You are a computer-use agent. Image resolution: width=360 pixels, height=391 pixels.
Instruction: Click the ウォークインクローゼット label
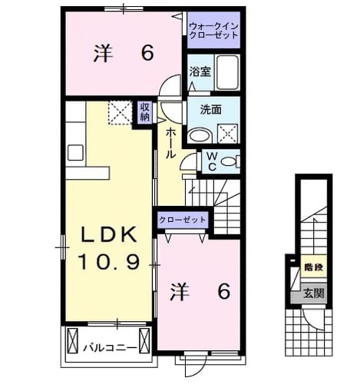click(x=214, y=31)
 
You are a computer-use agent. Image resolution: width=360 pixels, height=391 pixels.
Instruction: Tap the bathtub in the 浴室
click(x=227, y=72)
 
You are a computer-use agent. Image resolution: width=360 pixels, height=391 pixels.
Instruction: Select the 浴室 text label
click(x=200, y=72)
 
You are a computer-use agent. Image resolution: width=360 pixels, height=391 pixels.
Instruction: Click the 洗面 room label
click(x=210, y=110)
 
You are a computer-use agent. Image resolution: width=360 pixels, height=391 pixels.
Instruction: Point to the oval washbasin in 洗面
click(x=200, y=135)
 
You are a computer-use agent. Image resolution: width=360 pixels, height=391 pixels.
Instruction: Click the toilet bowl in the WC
click(x=228, y=161)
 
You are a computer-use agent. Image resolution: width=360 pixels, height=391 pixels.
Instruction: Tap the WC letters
click(x=212, y=161)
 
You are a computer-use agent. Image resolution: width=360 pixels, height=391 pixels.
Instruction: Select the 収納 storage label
click(x=144, y=112)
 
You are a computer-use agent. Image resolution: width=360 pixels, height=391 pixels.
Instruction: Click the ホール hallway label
click(x=170, y=144)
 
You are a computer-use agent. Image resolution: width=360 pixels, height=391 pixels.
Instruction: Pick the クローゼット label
click(x=182, y=220)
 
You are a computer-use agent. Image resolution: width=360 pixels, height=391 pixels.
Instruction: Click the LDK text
click(x=108, y=234)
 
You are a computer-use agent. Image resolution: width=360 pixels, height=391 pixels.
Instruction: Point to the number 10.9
click(x=110, y=262)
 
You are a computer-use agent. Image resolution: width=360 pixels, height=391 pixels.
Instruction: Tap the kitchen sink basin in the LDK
click(x=75, y=153)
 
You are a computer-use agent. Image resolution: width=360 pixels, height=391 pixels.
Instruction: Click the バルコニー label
click(x=111, y=348)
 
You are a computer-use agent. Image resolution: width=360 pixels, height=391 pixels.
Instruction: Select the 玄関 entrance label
click(x=314, y=293)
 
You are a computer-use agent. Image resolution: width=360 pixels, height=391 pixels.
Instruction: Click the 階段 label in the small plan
click(x=314, y=267)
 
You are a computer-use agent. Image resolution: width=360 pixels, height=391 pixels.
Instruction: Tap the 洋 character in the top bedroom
click(x=103, y=54)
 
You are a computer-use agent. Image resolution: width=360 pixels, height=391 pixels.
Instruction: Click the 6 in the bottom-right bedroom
click(x=224, y=291)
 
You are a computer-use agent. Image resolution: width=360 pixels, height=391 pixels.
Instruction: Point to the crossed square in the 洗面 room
click(x=227, y=134)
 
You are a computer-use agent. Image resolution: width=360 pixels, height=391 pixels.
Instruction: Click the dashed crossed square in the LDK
click(x=120, y=113)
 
